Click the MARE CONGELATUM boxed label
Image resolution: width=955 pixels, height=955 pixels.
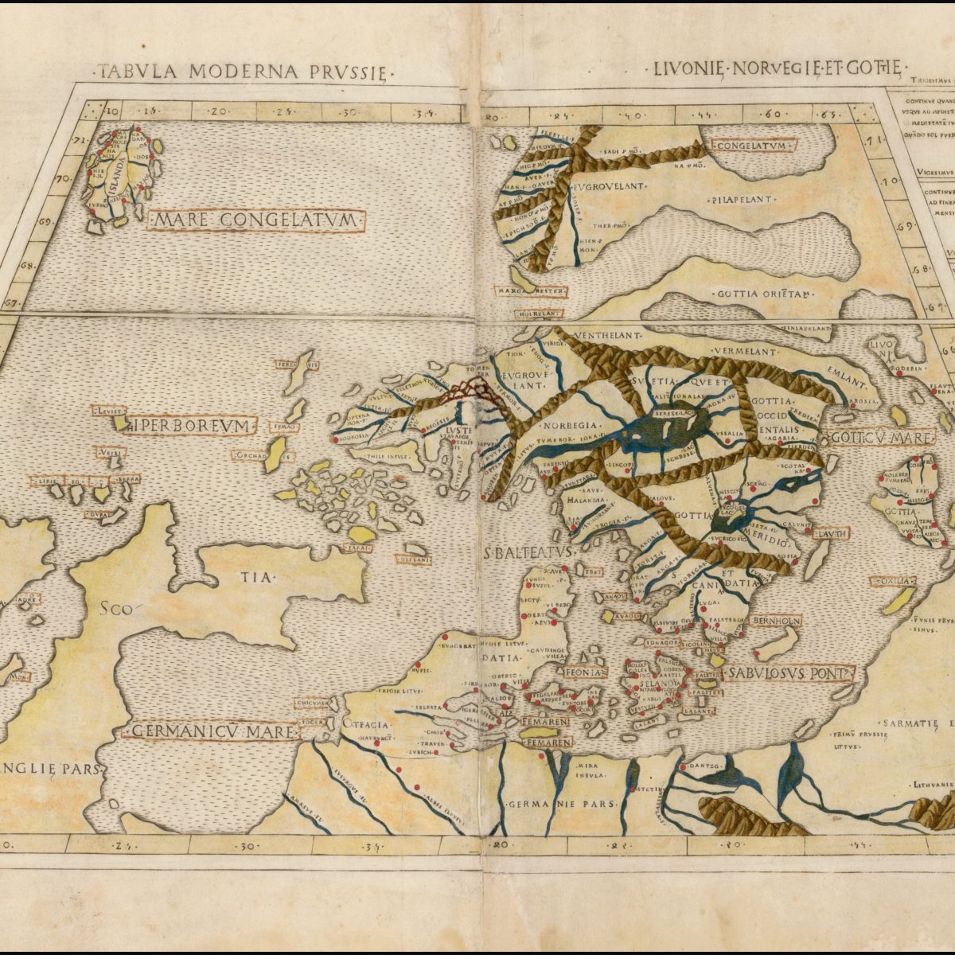[x=255, y=220]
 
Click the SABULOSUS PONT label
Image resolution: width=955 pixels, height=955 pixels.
[x=788, y=674]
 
